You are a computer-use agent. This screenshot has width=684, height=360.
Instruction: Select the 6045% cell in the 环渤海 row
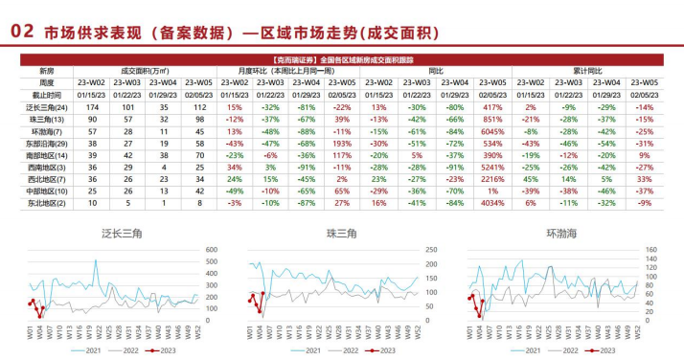tap(491, 131)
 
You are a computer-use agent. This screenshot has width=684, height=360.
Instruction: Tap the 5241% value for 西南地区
tap(491, 166)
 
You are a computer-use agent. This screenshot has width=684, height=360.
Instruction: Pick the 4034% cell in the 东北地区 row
tap(491, 202)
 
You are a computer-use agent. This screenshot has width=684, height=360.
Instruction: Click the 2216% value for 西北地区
tap(491, 178)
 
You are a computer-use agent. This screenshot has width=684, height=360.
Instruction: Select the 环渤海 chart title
tap(563, 233)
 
